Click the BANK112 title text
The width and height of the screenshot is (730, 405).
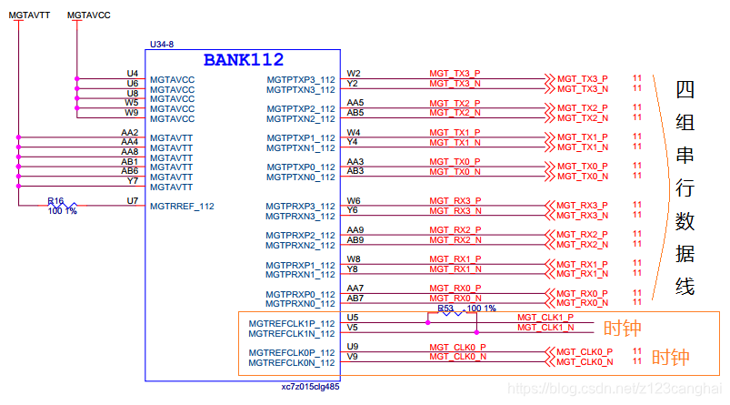(243, 60)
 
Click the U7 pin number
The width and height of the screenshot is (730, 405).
(133, 200)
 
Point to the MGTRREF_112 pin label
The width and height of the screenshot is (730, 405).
(182, 207)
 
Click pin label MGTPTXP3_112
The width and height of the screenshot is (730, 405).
(301, 80)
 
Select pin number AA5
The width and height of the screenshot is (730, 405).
(355, 103)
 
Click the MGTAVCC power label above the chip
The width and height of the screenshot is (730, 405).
(90, 15)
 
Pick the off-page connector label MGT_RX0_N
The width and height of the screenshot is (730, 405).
(583, 303)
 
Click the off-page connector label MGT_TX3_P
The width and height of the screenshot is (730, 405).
(583, 79)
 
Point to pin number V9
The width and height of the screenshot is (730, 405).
(353, 357)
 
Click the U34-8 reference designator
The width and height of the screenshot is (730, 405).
(160, 44)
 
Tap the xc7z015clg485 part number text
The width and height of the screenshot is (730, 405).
(310, 387)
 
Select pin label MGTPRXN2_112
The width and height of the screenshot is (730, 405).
(301, 246)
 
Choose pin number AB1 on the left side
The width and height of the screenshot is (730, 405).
(130, 161)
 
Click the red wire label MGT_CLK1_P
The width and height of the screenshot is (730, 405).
(545, 317)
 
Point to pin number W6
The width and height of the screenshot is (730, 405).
(354, 201)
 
